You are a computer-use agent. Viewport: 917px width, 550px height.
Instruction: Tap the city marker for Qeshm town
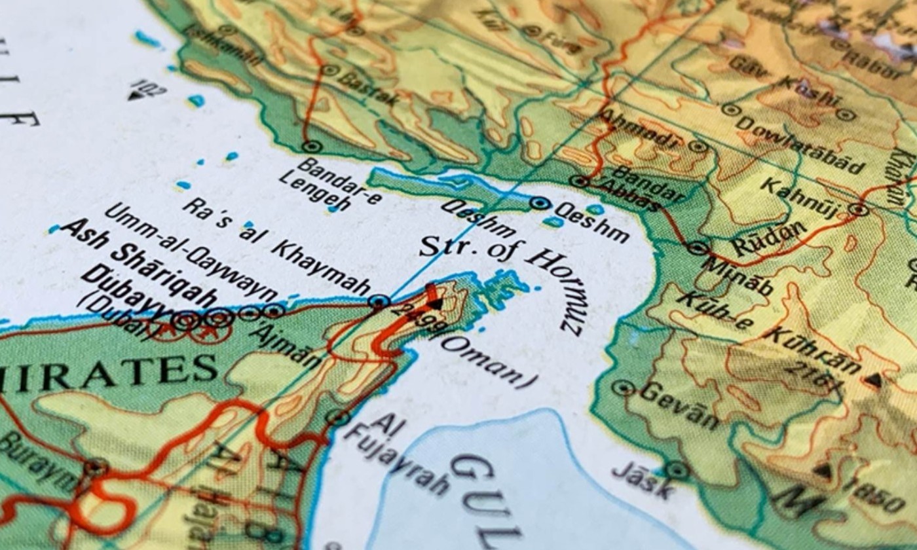tap(540, 204)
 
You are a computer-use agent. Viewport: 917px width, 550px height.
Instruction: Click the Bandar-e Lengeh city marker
tap(312, 147)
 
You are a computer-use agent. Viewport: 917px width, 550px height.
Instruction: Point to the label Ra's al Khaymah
tap(275, 247)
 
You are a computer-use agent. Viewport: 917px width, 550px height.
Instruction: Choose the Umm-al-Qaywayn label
tap(190, 250)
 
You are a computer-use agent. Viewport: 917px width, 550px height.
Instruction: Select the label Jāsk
tap(642, 482)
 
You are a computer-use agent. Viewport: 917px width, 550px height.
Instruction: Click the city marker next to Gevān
tap(622, 388)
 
